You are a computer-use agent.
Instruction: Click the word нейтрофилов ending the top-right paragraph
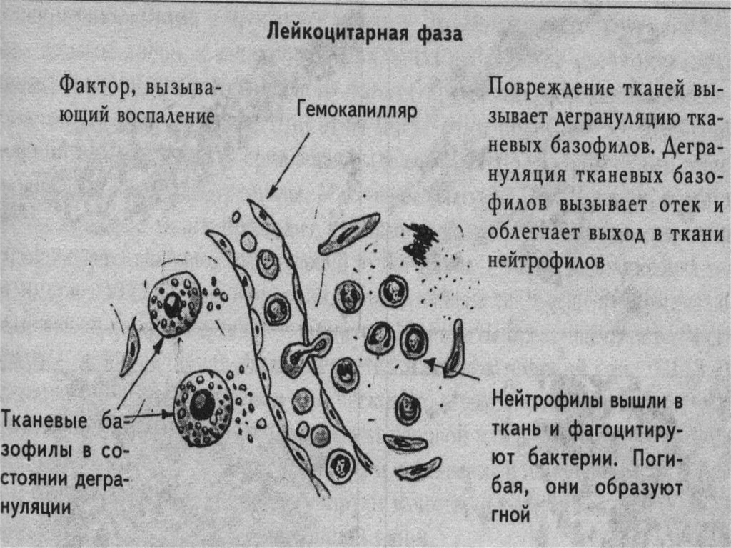(x=547, y=261)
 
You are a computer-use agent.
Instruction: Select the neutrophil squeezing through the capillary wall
(x=304, y=353)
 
